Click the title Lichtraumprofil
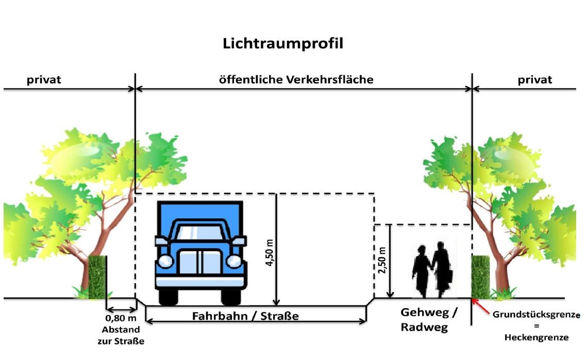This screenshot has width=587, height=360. (283, 44)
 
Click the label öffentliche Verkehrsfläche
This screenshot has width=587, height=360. (296, 80)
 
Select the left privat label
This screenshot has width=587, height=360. (44, 80)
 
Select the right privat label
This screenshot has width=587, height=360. (534, 80)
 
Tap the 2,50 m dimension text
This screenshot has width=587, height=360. (382, 262)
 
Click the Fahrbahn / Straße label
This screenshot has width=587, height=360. (245, 316)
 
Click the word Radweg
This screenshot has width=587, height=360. (425, 327)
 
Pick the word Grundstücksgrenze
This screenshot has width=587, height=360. (536, 314)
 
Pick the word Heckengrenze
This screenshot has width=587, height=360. (536, 338)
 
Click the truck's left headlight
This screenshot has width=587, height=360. (166, 261)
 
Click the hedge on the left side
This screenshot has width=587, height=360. (97, 277)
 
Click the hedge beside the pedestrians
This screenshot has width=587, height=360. (480, 277)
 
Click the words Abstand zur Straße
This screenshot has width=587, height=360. (121, 336)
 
